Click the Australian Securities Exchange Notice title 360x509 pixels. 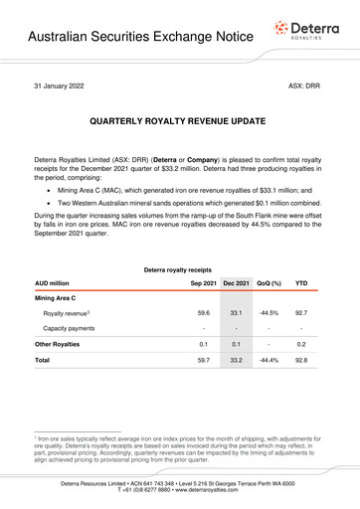point(126,40)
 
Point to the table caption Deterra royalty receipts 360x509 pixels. point(179,269)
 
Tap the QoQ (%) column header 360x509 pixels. point(270,283)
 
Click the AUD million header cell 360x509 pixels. point(56,283)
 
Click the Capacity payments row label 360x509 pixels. point(68,327)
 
